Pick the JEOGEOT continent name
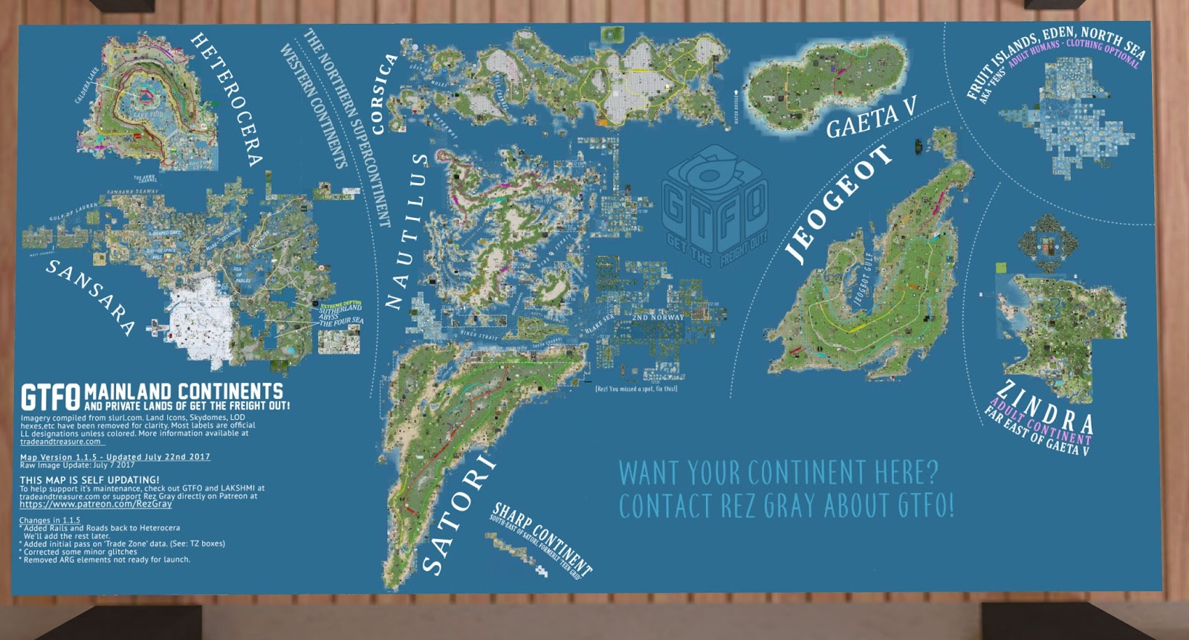pos(838,204)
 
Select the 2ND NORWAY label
pos(658,317)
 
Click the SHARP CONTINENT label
pos(542,539)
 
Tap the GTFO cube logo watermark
pos(714,207)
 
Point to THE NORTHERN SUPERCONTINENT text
pos(348,126)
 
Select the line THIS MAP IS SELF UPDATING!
pos(89,480)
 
